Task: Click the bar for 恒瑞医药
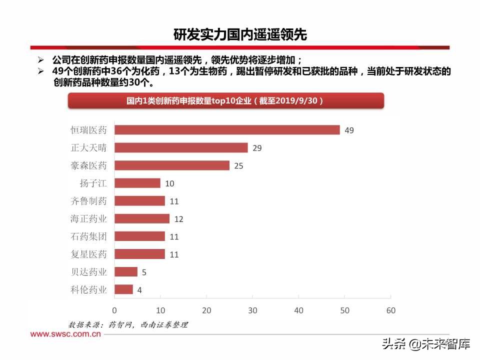[x=227, y=130]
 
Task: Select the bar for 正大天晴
[x=181, y=147]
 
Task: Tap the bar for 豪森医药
[x=172, y=165]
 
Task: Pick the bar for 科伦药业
[x=123, y=289]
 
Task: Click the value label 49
[x=349, y=130]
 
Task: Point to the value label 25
[x=238, y=166]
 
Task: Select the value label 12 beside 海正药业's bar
[x=179, y=219]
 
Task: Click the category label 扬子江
[x=93, y=183]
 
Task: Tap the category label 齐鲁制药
[x=88, y=201]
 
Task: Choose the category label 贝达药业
[x=88, y=272]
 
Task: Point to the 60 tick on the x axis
[x=390, y=310]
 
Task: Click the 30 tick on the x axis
[x=252, y=310]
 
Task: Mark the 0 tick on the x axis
[x=114, y=310]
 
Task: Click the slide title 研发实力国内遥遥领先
[x=239, y=35]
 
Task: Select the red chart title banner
[x=225, y=101]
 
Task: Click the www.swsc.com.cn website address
[x=65, y=334]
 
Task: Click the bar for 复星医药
[x=139, y=254]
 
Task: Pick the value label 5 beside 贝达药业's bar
[x=144, y=272]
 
